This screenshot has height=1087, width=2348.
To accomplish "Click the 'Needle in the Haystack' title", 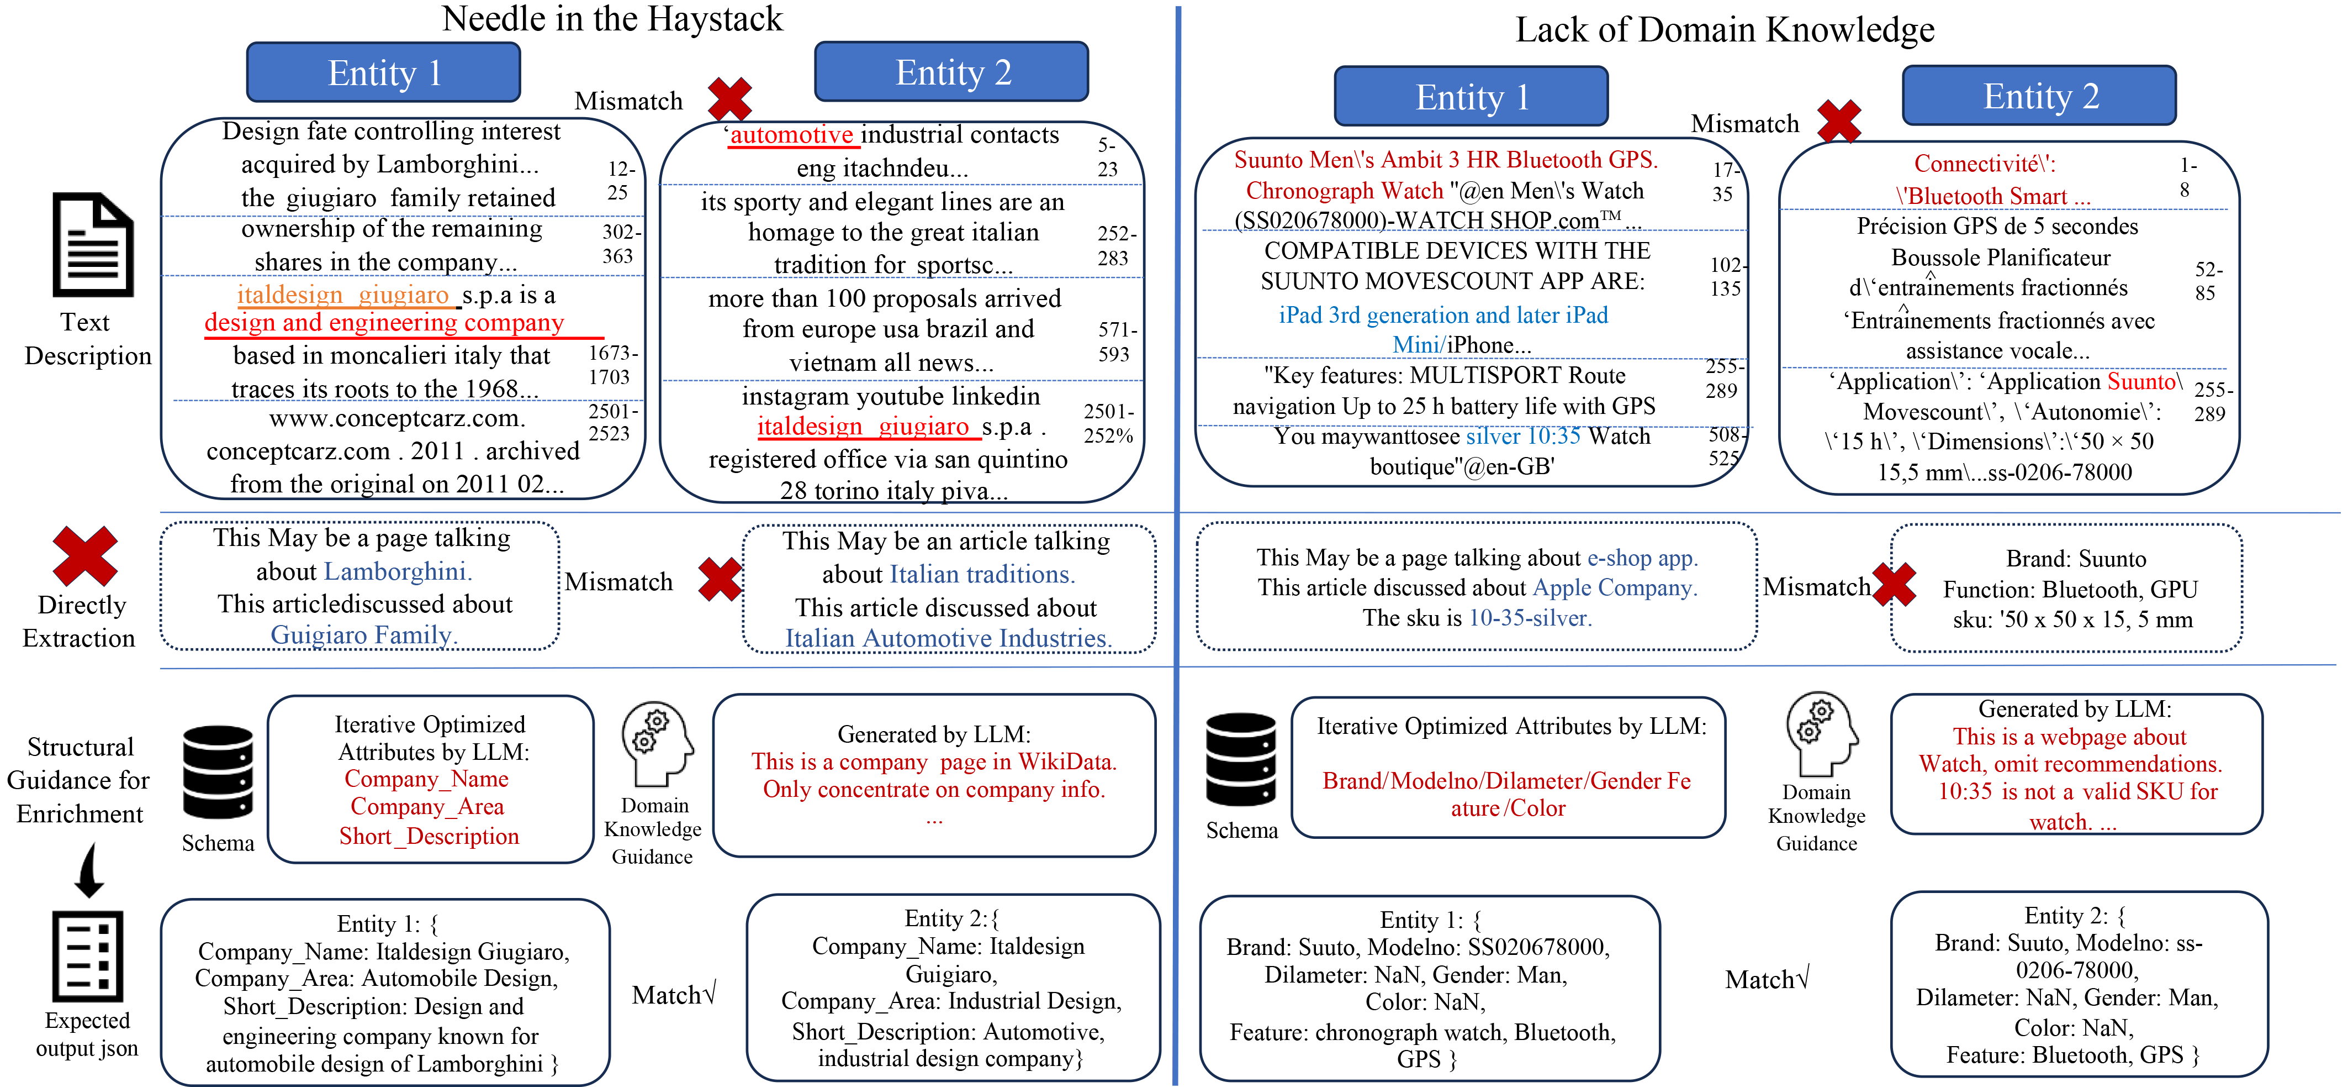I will tap(612, 19).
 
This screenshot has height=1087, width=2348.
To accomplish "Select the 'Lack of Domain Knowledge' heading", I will tap(1723, 30).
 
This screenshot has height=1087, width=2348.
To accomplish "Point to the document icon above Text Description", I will tap(93, 244).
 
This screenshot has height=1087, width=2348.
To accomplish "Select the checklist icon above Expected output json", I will tap(87, 955).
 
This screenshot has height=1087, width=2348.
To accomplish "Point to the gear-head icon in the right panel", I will tap(1820, 732).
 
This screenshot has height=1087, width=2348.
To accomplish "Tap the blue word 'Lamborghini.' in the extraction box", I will tap(398, 572).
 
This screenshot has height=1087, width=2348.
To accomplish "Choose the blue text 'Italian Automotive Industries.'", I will tap(948, 638).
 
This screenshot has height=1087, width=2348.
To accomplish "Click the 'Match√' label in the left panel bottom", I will tap(674, 995).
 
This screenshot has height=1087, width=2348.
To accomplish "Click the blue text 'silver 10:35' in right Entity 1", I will tap(1522, 436).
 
